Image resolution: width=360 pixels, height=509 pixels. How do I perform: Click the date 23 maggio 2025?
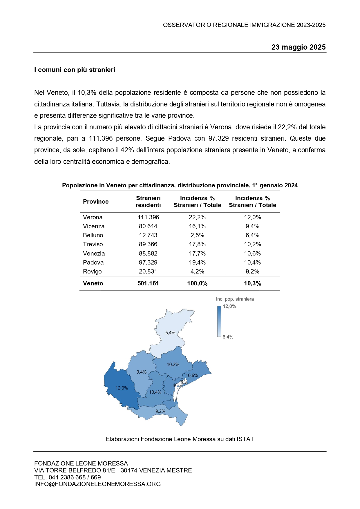(x=298, y=47)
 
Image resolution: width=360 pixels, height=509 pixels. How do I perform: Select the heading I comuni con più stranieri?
(x=75, y=70)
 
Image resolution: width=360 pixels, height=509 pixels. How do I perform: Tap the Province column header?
(x=96, y=202)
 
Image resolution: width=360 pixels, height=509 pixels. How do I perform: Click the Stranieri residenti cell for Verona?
(x=148, y=217)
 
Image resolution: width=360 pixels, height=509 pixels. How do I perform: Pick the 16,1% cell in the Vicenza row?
(x=197, y=226)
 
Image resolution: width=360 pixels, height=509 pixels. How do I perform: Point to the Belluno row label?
(x=93, y=235)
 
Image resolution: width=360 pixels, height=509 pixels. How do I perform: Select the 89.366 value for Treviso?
(x=148, y=244)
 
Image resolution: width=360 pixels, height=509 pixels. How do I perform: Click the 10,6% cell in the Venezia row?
(x=252, y=253)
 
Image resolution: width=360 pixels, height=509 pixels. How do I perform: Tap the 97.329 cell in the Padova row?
(x=148, y=262)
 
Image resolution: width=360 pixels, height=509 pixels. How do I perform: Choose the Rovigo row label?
(x=92, y=271)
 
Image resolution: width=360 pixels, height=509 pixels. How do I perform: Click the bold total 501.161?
(x=148, y=283)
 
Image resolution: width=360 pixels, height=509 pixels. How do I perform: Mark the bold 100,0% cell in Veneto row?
(x=197, y=283)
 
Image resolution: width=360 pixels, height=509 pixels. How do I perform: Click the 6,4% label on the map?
(x=170, y=333)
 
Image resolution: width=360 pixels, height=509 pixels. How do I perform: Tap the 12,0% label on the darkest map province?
(x=122, y=388)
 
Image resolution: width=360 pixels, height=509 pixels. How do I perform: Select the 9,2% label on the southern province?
(x=160, y=411)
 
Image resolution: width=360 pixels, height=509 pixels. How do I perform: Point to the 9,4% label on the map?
(x=142, y=372)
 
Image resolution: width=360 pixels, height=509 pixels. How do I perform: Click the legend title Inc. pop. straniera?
(x=235, y=299)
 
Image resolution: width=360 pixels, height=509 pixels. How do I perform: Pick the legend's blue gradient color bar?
(x=219, y=321)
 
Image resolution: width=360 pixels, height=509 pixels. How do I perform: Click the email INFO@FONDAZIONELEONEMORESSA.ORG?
(x=97, y=484)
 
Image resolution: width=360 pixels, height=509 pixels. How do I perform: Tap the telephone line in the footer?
(x=68, y=477)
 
